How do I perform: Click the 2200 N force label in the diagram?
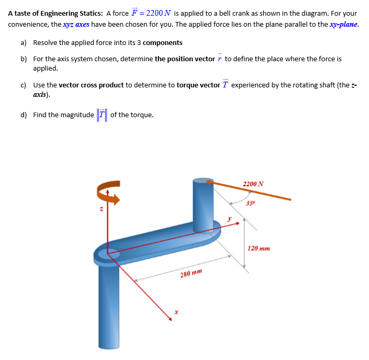pyautogui.click(x=253, y=184)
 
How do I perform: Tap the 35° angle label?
pyautogui.click(x=250, y=203)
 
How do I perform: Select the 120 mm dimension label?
pyautogui.click(x=259, y=249)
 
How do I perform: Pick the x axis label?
pyautogui.click(x=176, y=312)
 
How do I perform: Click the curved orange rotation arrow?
pyautogui.click(x=108, y=189)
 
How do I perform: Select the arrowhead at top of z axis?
pyautogui.click(x=108, y=193)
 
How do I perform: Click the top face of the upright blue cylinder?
pyautogui.click(x=203, y=181)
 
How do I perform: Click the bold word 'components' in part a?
pyautogui.click(x=162, y=43)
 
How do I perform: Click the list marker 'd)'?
pyautogui.click(x=24, y=115)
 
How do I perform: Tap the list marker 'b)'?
pyautogui.click(x=24, y=59)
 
